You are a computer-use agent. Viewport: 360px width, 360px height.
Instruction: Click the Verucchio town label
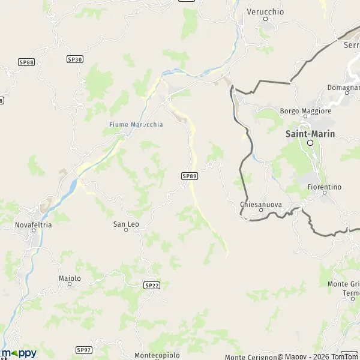coord(265,11)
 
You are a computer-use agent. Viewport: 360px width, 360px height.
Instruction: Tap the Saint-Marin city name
coord(310,134)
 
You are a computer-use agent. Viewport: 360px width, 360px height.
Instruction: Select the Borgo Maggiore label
coord(305,111)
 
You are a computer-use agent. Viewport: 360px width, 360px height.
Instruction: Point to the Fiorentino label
coord(323,187)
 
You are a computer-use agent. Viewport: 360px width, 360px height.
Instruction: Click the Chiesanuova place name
coord(260,204)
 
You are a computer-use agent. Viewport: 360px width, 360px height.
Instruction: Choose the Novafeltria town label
coord(33,225)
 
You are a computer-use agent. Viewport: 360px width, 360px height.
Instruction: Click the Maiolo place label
coord(70,278)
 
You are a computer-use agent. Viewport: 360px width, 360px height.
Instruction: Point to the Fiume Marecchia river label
coord(136,124)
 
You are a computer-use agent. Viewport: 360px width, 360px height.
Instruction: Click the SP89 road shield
coord(189,176)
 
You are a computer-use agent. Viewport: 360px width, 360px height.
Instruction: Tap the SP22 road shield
coord(152,286)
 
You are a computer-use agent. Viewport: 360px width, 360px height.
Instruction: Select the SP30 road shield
coord(75,59)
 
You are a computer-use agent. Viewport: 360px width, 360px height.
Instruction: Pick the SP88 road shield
coord(26,62)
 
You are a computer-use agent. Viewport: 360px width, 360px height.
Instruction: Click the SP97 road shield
coord(84,349)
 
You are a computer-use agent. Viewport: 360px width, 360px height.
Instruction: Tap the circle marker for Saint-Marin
coord(310,143)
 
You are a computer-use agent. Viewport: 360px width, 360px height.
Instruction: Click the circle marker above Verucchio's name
coord(265,19)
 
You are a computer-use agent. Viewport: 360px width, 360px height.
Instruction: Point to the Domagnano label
coord(343,88)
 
